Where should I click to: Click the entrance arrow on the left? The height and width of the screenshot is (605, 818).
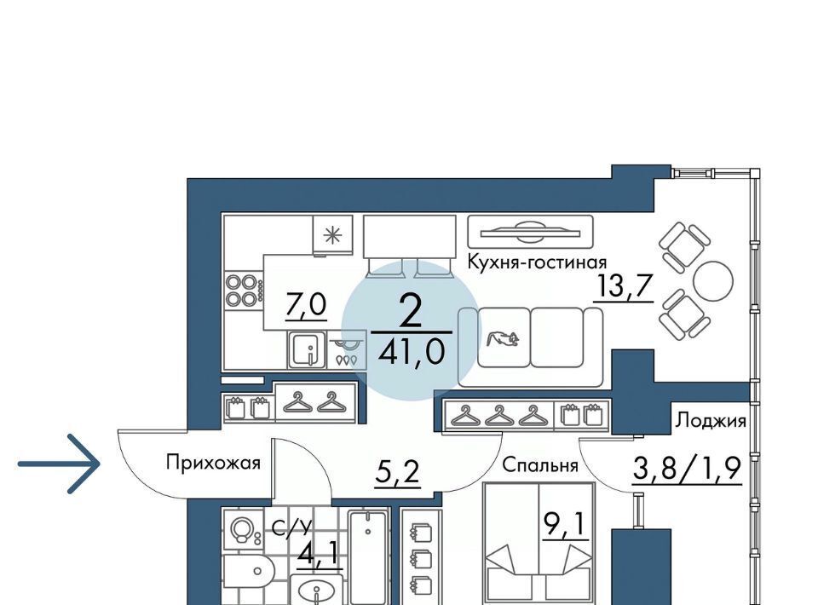pyautogui.click(x=59, y=464)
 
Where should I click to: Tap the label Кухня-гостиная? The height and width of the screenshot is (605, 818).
pyautogui.click(x=537, y=262)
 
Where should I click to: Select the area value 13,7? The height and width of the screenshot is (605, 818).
pyautogui.click(x=624, y=286)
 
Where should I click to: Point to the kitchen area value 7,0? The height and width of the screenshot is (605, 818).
pyautogui.click(x=306, y=304)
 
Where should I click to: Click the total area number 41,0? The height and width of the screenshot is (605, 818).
pyautogui.click(x=412, y=352)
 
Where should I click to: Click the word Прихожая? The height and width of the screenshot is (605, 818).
pyautogui.click(x=213, y=463)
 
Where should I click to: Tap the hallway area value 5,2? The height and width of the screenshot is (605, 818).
pyautogui.click(x=398, y=473)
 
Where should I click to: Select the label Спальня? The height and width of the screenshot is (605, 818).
pyautogui.click(x=540, y=465)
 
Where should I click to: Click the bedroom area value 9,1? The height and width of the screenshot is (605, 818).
pyautogui.click(x=566, y=524)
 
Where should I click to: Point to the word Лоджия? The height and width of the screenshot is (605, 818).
pyautogui.click(x=711, y=420)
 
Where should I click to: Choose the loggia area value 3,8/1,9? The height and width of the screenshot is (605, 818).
pyautogui.click(x=687, y=469)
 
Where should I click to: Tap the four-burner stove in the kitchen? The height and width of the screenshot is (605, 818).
pyautogui.click(x=244, y=291)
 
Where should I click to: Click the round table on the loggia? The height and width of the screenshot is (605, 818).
pyautogui.click(x=713, y=282)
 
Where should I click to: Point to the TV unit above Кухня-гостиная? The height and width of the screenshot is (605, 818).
pyautogui.click(x=531, y=231)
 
